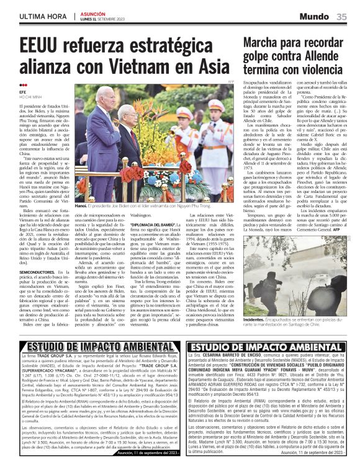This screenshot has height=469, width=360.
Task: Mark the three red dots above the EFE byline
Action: tap(23, 86)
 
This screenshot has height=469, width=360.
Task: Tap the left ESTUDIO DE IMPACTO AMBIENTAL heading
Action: tap(88, 346)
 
